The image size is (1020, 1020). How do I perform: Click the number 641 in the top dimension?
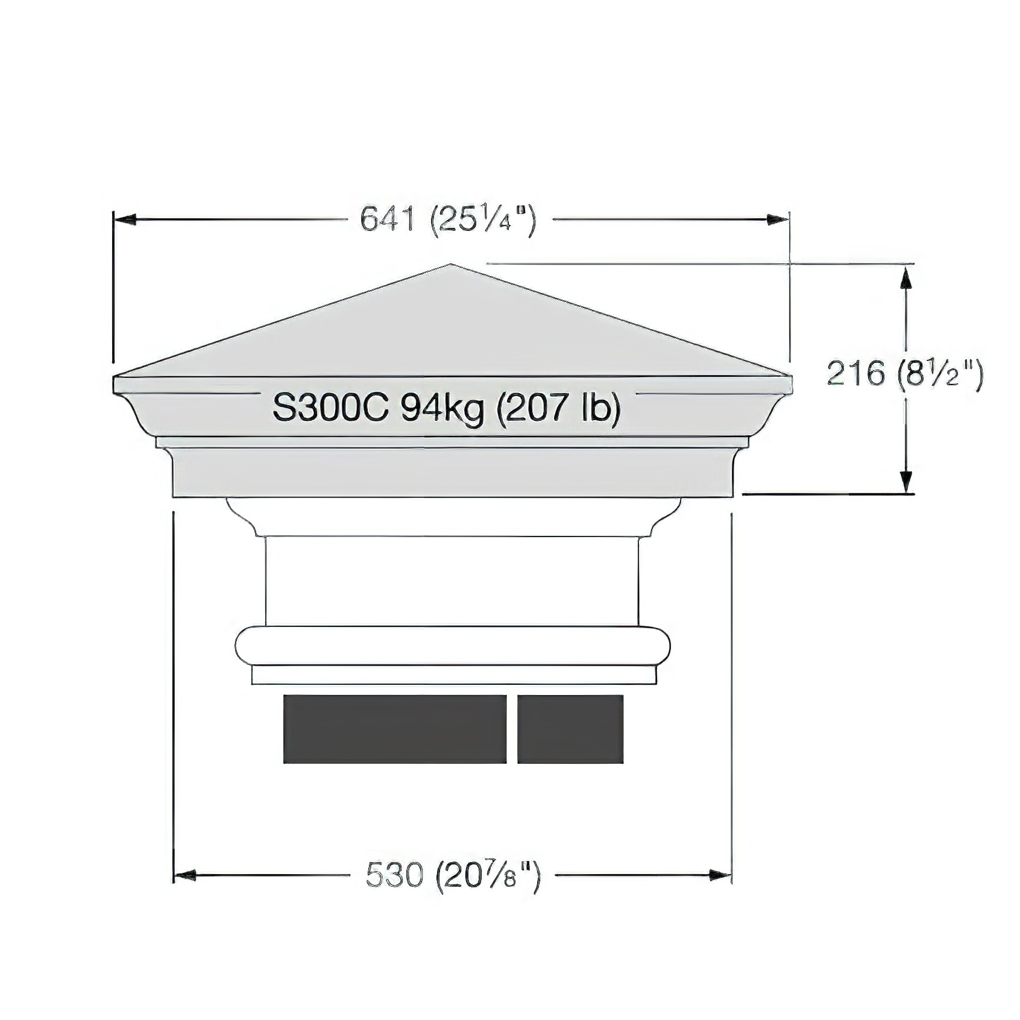(388, 218)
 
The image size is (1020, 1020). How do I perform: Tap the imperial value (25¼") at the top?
(483, 220)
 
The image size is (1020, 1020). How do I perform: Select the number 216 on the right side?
(855, 373)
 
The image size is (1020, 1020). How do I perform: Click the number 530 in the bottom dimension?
(394, 875)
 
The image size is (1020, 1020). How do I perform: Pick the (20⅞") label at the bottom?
(488, 876)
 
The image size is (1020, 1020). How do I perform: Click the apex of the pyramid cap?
(450, 265)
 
